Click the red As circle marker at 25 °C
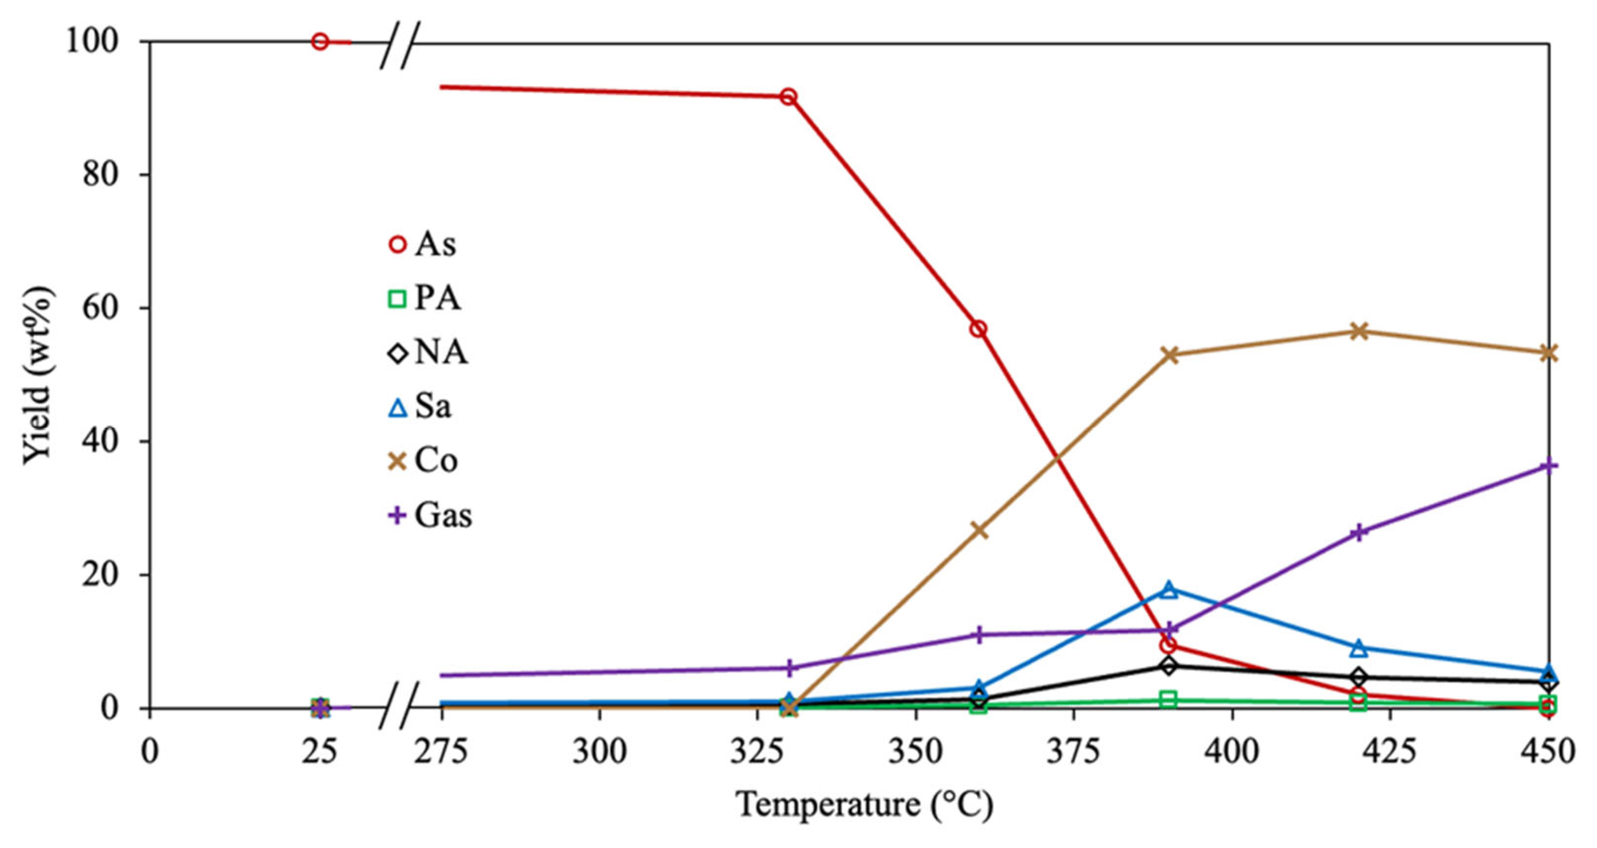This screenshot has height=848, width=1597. [x=320, y=41]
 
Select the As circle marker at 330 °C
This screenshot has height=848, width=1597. [x=789, y=97]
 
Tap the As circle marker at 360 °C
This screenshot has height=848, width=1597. [x=978, y=329]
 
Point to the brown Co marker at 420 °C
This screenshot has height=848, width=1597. [x=1359, y=331]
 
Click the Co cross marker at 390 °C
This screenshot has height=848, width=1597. [x=1169, y=355]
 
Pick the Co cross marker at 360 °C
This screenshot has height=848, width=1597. [x=978, y=530]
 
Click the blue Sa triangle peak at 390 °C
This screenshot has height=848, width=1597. [x=1169, y=590]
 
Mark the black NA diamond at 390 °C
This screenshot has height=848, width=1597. [x=1169, y=666]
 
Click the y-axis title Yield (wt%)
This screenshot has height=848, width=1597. [x=37, y=375]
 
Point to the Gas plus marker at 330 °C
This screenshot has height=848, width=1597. [x=789, y=668]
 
